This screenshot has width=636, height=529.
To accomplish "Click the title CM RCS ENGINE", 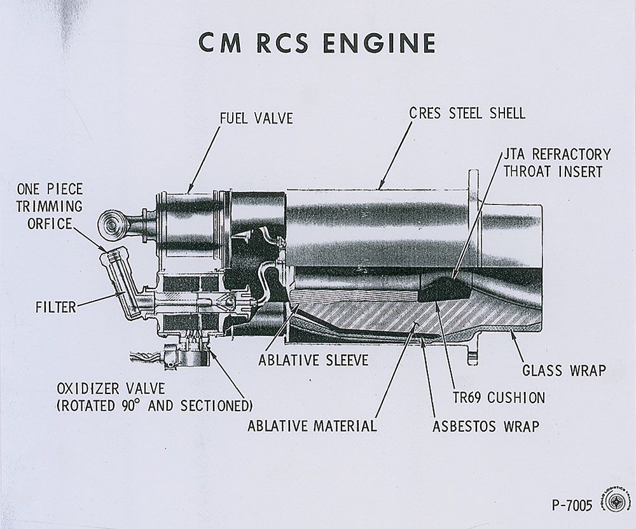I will (317, 43).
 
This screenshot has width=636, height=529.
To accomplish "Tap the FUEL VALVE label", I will (256, 118).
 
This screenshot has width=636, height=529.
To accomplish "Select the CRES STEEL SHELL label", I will (467, 114).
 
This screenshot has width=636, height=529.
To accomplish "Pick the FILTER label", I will (55, 307).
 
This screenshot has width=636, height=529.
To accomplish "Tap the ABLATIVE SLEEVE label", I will (313, 360).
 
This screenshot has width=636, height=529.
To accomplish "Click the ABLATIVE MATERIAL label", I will (312, 425).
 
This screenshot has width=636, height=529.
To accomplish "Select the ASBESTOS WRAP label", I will (485, 425).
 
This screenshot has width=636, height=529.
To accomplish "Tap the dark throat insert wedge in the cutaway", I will (443, 290).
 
